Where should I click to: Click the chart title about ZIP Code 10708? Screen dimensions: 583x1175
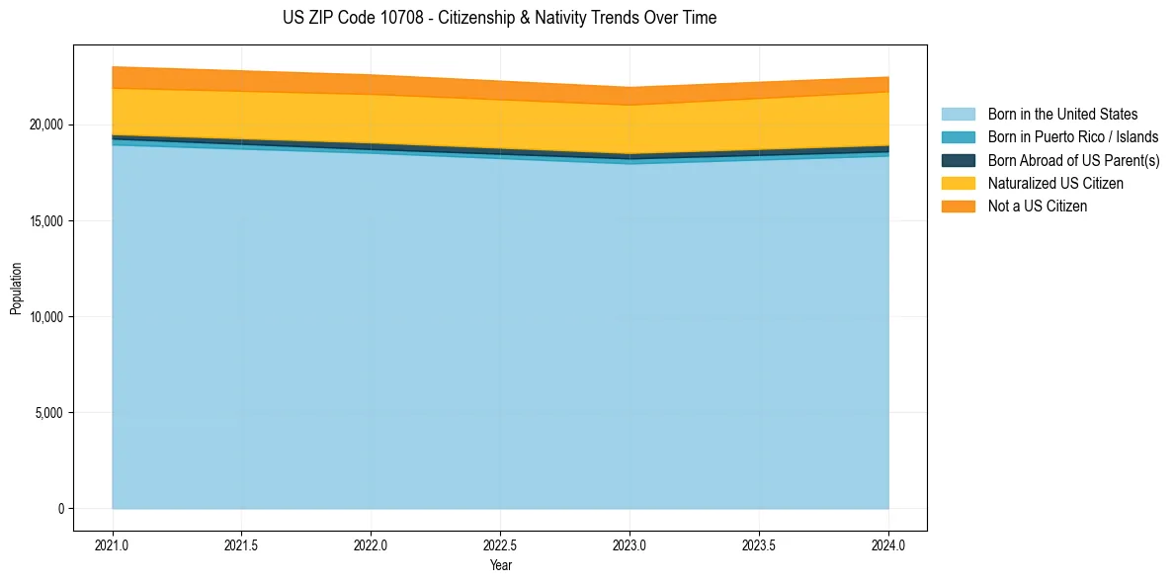tap(500, 18)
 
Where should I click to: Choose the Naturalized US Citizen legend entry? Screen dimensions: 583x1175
tap(1055, 183)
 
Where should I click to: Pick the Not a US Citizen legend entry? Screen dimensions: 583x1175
tap(1037, 206)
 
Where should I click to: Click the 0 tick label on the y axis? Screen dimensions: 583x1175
tap(60, 509)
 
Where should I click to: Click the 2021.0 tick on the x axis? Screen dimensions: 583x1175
tap(113, 544)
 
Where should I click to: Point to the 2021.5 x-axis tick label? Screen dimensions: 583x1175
tap(242, 544)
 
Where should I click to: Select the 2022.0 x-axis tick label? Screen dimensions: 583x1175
tap(371, 544)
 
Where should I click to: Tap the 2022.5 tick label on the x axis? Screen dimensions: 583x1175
tap(500, 544)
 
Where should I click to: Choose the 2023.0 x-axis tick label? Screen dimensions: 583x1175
tap(629, 544)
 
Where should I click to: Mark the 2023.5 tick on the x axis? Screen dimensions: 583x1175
tap(759, 544)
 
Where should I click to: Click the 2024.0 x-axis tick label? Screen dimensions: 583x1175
tap(888, 544)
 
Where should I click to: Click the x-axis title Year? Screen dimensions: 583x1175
tap(500, 565)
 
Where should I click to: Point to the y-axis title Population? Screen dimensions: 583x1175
tap(16, 288)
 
